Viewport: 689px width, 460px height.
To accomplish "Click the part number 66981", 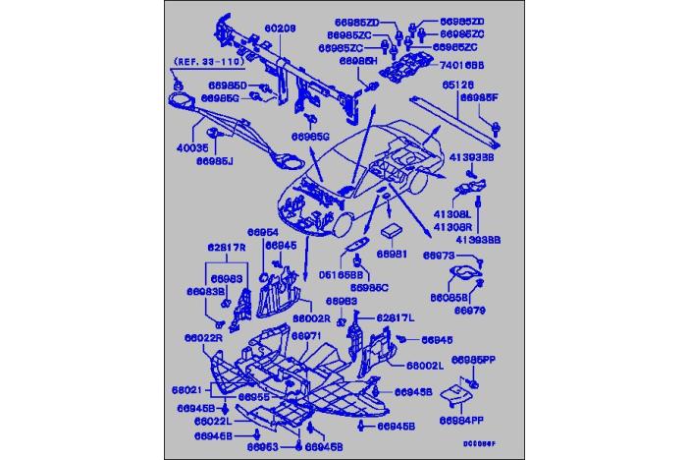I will pos(393,254).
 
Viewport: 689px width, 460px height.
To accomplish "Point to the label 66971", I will pos(306,335).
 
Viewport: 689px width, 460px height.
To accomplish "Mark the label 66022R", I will pos(202,338).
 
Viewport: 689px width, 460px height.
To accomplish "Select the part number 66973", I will pos(439,256).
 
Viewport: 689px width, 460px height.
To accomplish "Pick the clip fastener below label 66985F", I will pos(499,126).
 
